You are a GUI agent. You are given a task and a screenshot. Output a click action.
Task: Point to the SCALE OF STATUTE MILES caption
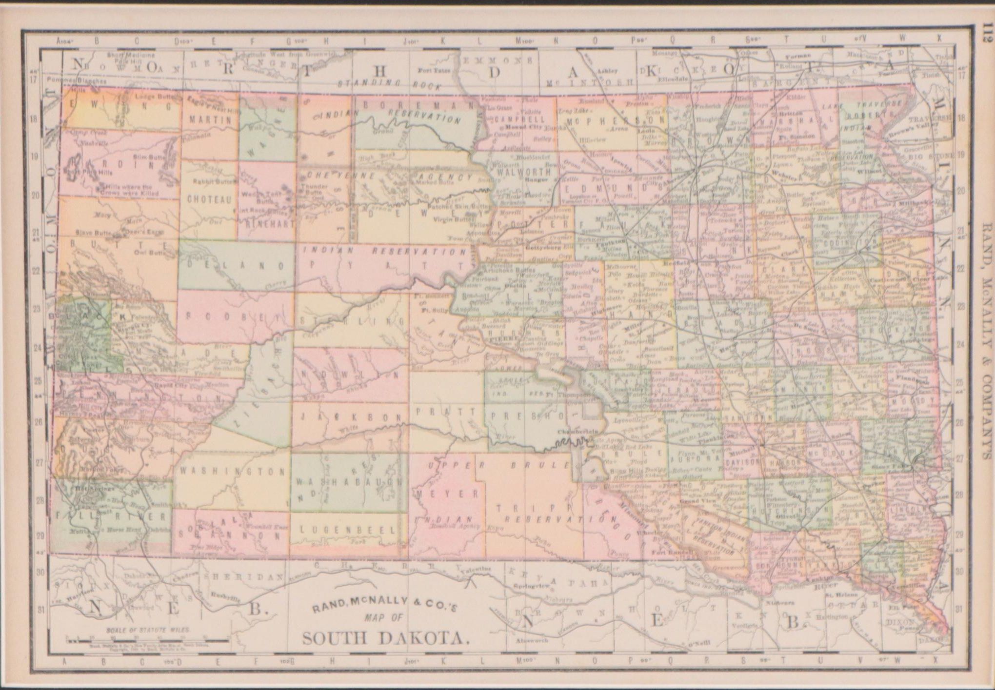point(148,630)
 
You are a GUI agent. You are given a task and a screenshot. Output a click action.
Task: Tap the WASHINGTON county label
point(232,472)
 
